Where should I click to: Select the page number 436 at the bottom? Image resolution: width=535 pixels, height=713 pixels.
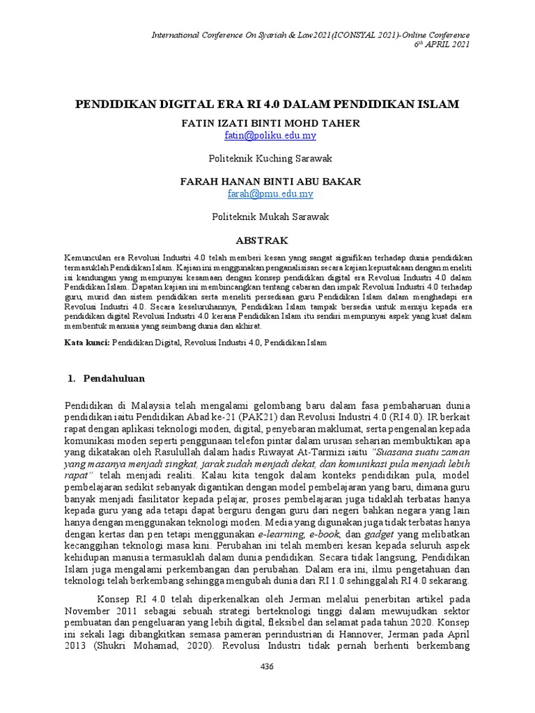267,666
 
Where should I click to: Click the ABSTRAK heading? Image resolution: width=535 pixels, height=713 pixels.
267,241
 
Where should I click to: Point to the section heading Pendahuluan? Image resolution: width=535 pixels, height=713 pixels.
114,378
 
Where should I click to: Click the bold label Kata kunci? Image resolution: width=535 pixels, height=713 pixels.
82,343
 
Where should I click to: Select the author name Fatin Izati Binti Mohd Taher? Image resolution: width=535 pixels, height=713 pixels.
267,124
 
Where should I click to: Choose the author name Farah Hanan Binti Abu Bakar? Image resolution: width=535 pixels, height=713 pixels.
267,182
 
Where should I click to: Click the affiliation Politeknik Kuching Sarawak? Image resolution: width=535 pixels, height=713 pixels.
267,159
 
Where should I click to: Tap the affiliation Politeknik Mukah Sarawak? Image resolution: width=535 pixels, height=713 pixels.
267,217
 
